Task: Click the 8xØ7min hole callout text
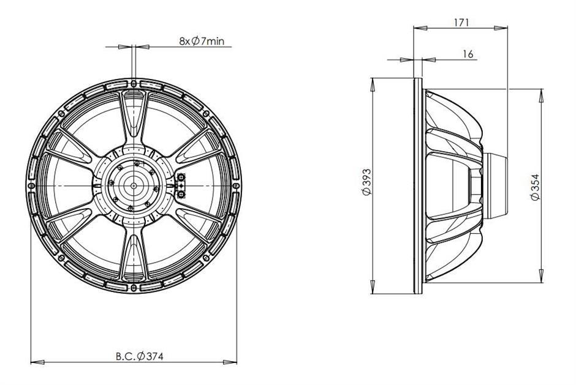(x=202, y=41)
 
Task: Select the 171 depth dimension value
(x=461, y=23)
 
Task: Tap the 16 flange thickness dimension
(x=468, y=54)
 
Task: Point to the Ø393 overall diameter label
(x=367, y=182)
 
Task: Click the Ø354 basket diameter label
(x=536, y=187)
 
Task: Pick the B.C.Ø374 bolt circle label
(x=139, y=356)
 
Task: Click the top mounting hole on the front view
(x=134, y=83)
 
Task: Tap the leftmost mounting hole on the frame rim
(x=32, y=185)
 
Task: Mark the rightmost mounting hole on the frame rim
(x=236, y=185)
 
